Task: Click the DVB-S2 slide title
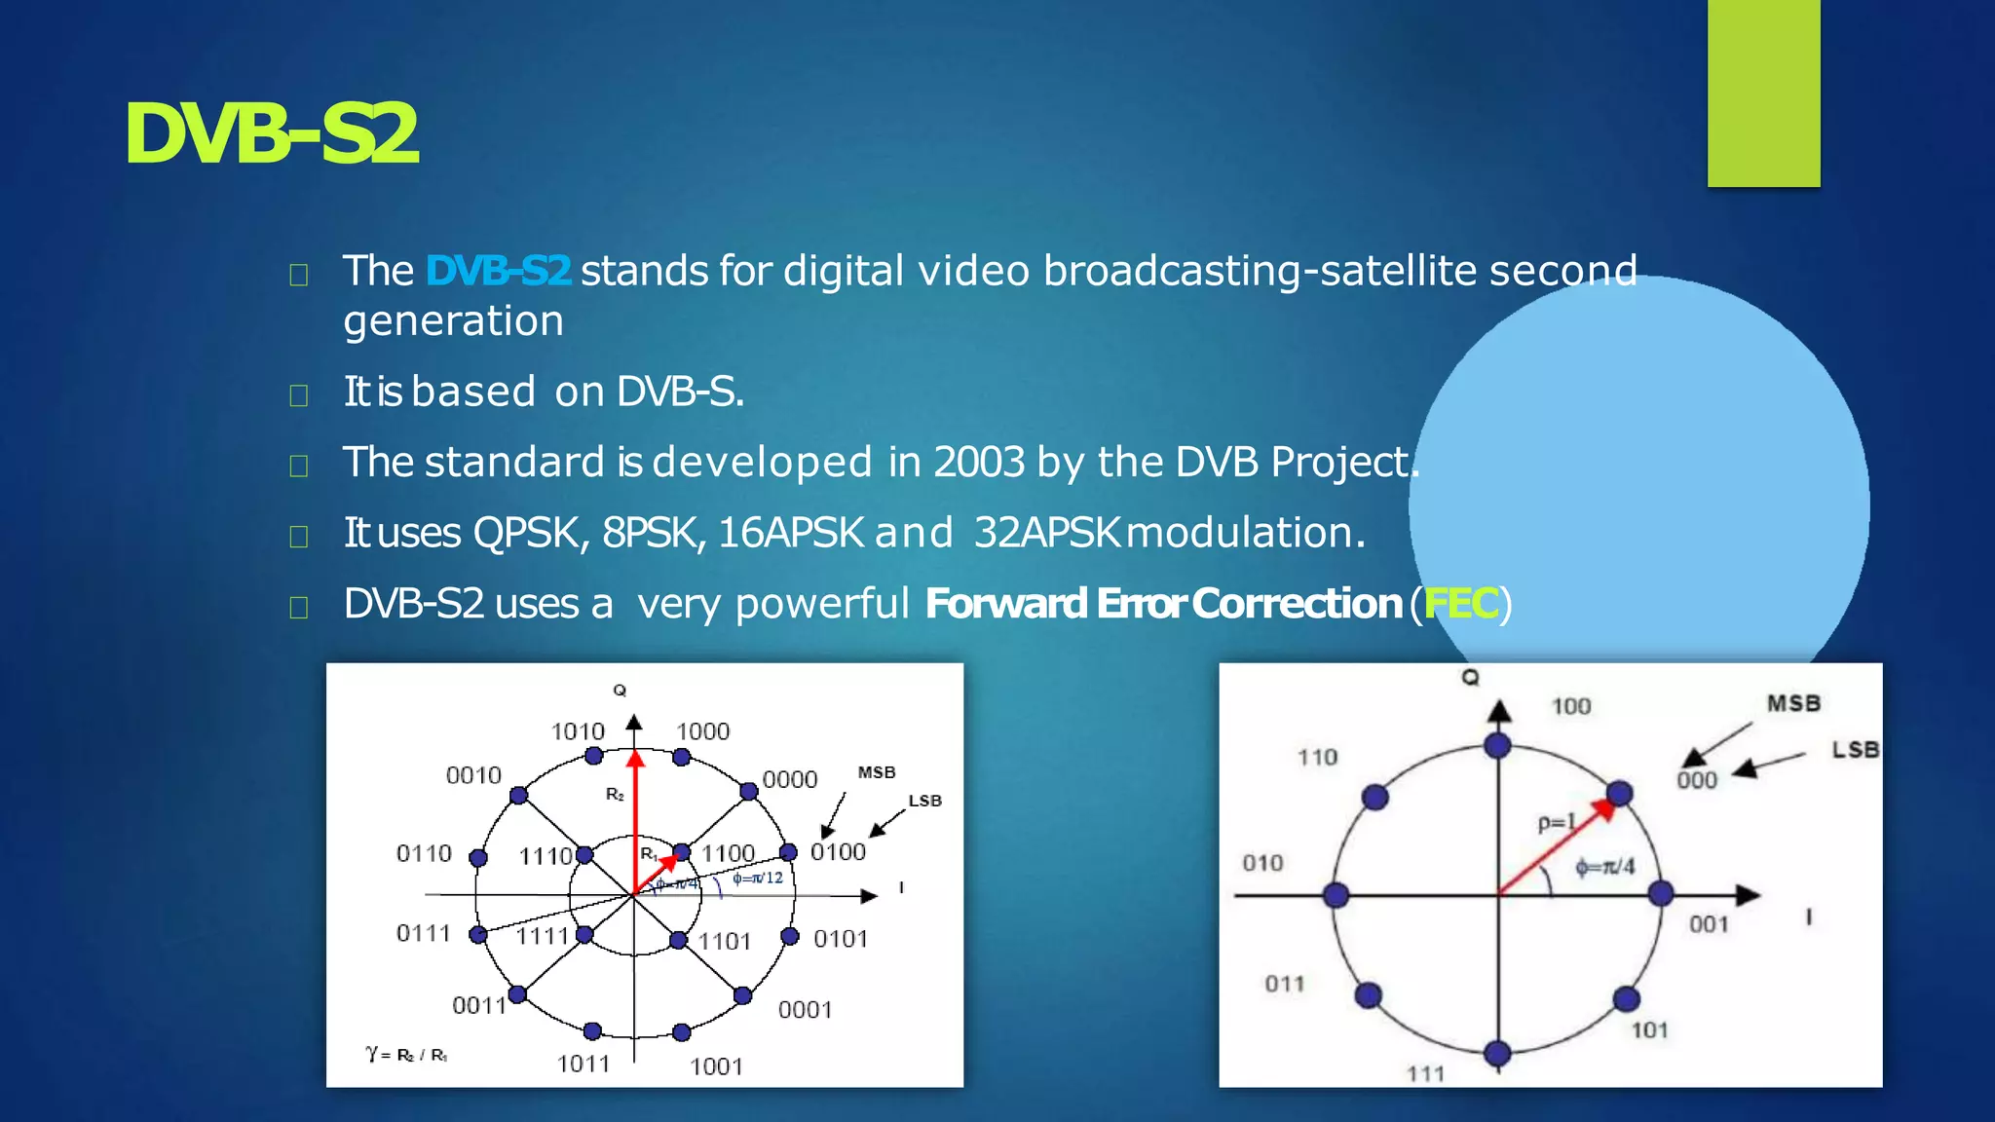271,134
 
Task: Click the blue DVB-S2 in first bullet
498,271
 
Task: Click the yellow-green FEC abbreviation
1460,604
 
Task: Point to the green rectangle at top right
1763,93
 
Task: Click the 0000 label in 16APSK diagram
789,779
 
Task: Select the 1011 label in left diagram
583,1064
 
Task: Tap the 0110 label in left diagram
424,854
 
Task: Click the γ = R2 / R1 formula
406,1055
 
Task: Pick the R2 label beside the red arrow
615,795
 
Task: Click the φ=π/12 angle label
758,878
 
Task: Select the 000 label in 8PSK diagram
1696,780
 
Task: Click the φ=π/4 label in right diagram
1605,867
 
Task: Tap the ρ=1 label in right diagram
1556,823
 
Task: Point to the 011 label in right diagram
1284,984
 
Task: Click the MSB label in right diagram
1793,703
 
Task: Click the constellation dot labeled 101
1626,998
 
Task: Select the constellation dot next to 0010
518,796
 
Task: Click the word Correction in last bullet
1297,604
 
